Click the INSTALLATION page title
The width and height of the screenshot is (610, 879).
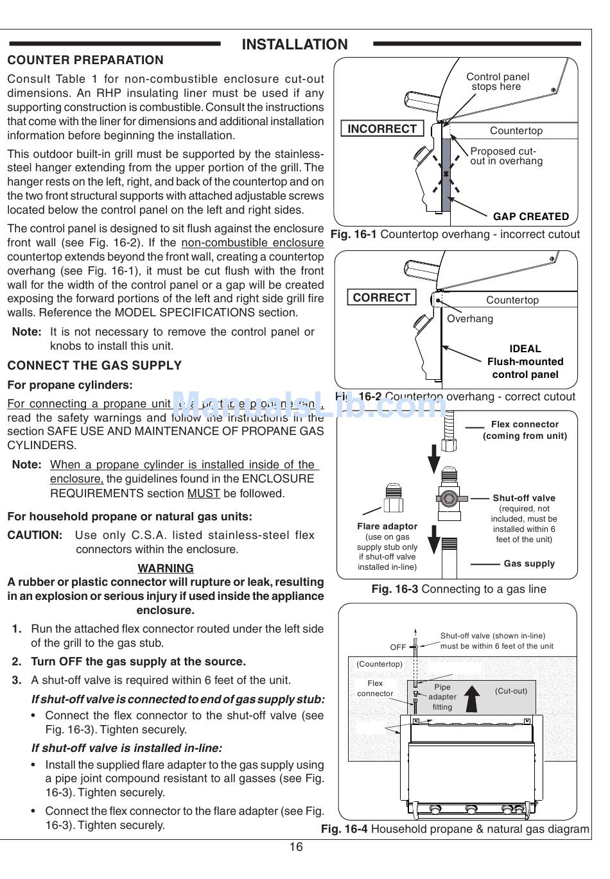click(295, 44)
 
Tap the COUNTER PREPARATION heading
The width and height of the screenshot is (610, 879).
click(85, 60)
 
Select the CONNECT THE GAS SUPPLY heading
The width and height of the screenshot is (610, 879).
click(94, 366)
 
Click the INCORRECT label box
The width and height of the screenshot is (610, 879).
click(381, 129)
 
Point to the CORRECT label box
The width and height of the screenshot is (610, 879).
click(381, 298)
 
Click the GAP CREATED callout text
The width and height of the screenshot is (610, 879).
click(531, 217)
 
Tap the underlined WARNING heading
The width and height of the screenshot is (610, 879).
click(166, 568)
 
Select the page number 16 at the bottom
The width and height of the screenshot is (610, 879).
click(295, 847)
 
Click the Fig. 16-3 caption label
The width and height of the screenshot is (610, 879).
click(394, 589)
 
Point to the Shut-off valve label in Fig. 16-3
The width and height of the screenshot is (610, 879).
click(524, 498)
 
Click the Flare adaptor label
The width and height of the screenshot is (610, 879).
click(387, 526)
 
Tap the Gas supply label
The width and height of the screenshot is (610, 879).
click(529, 564)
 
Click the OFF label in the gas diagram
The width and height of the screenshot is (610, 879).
click(398, 647)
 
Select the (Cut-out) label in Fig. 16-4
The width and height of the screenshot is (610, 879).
click(511, 691)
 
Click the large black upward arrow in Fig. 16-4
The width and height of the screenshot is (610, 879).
click(473, 697)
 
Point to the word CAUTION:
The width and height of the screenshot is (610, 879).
click(35, 535)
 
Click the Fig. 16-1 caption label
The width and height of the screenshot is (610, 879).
click(354, 235)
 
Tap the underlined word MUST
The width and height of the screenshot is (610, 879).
click(204, 493)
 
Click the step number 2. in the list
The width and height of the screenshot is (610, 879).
click(17, 661)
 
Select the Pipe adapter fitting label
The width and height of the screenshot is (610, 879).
click(442, 697)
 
